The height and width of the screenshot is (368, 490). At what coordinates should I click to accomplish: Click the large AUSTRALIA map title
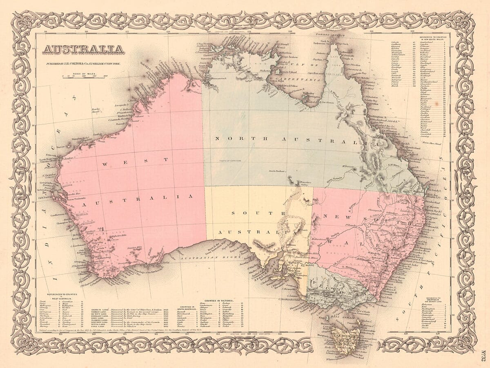[x=83, y=49]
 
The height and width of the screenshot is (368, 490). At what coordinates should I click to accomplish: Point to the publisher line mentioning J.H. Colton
[x=85, y=64]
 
